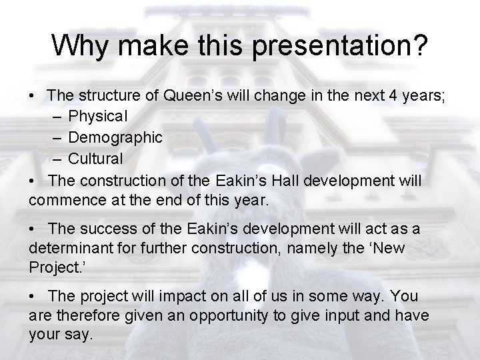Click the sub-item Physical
tap(97, 117)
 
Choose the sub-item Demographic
tap(115, 138)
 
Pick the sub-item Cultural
tap(95, 159)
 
